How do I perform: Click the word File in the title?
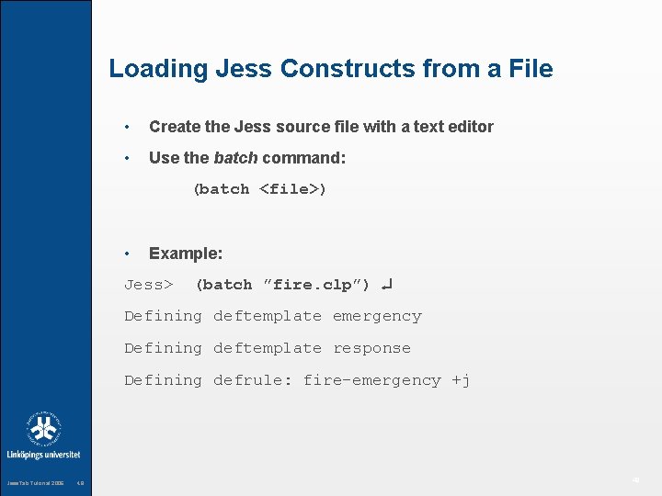click(527, 69)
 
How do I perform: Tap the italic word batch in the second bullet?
click(235, 158)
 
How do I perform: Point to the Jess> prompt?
click(149, 285)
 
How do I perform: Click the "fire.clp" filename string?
click(311, 285)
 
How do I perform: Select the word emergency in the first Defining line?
click(377, 316)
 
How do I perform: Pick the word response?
click(371, 348)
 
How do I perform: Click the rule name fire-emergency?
click(372, 380)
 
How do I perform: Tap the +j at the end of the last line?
click(461, 380)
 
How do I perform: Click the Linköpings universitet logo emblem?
click(44, 428)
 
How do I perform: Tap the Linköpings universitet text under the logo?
click(44, 455)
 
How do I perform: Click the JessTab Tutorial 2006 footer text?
click(36, 483)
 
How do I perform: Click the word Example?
click(186, 254)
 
